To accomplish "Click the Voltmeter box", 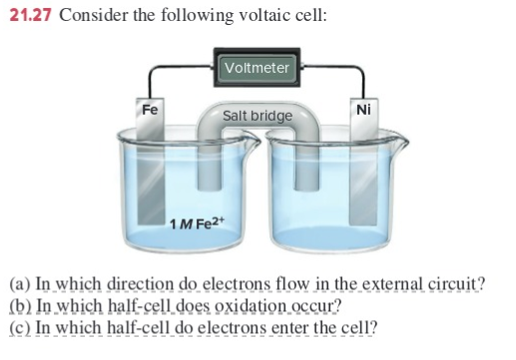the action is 258,68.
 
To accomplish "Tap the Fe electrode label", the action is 148,108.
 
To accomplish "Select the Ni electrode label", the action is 362,109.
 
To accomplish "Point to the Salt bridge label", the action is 258,116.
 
